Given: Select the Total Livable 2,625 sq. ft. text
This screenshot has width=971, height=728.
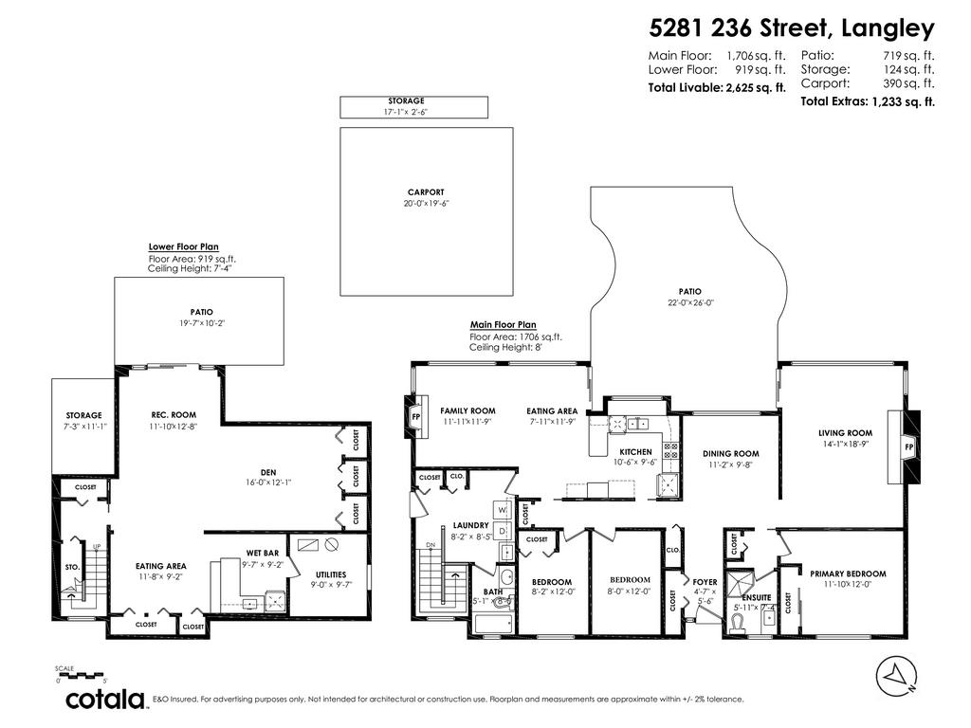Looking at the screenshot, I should (x=717, y=87).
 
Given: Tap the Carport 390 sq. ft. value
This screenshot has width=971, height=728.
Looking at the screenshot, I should (x=908, y=83).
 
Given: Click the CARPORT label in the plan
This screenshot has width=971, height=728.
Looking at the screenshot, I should (x=426, y=192).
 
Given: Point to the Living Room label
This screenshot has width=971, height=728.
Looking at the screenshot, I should (x=845, y=433).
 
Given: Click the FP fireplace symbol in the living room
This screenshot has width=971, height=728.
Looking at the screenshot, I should (x=908, y=446).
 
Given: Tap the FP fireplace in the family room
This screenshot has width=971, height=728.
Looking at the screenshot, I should (x=415, y=417).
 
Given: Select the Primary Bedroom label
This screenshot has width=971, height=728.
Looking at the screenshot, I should (x=847, y=573).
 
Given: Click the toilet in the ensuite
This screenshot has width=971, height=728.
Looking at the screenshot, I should (x=740, y=621).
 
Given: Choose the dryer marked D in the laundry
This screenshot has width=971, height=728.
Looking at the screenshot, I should (x=504, y=531).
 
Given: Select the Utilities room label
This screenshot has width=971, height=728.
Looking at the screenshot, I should (x=330, y=574).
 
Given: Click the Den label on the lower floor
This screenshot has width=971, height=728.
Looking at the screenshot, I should (x=268, y=471).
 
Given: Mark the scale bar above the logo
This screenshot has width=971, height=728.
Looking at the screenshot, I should (x=82, y=676).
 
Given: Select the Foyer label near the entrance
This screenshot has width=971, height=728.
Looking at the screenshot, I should (x=704, y=583).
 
